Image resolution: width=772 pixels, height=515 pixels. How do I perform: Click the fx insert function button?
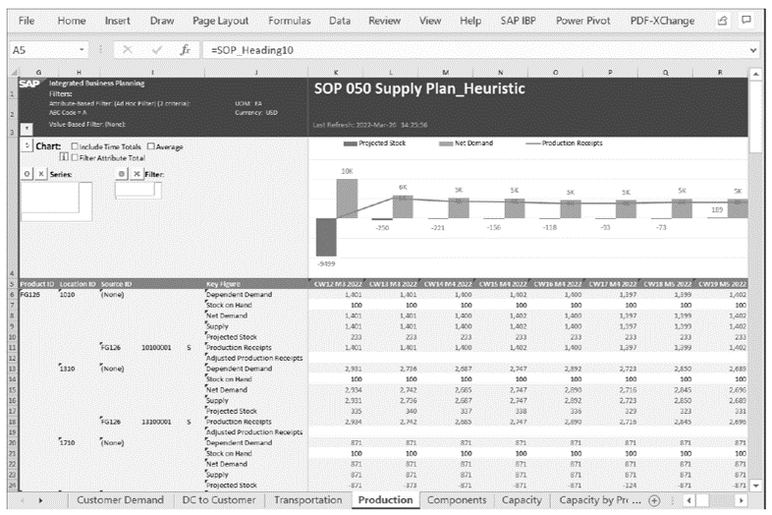[x=185, y=49]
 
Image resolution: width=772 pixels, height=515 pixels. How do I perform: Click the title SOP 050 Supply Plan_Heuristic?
[x=419, y=89]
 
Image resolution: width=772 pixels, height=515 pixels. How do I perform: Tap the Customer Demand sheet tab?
[x=120, y=500]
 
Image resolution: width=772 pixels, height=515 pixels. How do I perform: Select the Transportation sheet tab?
[x=306, y=500]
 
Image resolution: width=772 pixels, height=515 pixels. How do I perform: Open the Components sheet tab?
[x=457, y=500]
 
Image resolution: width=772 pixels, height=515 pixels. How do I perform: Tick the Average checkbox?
[x=151, y=146]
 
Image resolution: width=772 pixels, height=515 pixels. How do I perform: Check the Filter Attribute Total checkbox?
[x=76, y=157]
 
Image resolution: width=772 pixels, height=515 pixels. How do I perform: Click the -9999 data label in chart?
[x=325, y=263]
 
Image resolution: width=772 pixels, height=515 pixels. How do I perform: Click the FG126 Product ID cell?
[x=30, y=293]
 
